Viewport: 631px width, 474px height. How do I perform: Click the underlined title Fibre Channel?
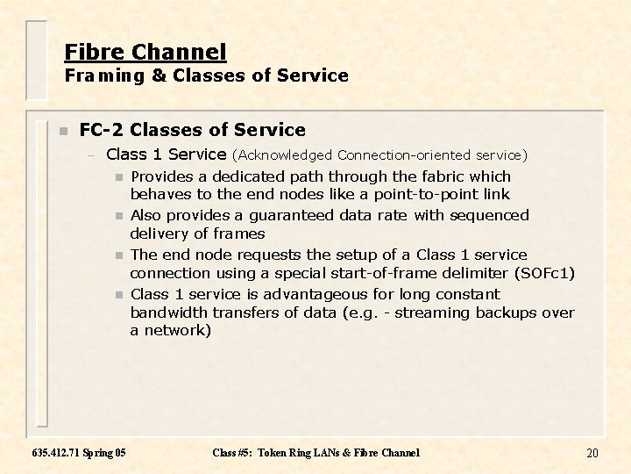(145, 52)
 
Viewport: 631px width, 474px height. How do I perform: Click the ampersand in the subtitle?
(159, 75)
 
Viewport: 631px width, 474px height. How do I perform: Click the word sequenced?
(491, 215)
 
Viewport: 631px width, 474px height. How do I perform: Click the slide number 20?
(592, 453)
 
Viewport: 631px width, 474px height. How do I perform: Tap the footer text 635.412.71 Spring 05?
(79, 453)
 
